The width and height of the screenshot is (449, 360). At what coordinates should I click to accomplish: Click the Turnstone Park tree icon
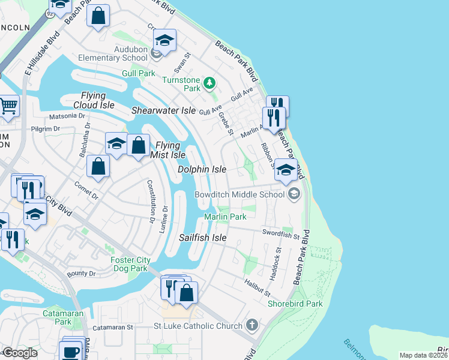[x=209, y=82]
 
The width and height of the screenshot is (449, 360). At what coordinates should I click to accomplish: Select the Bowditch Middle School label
[x=239, y=194]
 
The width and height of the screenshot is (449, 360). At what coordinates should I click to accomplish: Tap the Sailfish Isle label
[x=203, y=238]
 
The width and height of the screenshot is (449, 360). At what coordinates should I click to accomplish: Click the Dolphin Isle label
[x=202, y=170]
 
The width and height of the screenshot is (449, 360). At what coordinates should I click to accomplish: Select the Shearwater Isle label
[x=164, y=110]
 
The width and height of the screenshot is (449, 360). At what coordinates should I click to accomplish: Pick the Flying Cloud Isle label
[x=94, y=100]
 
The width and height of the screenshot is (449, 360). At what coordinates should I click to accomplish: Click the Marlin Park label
[x=225, y=217]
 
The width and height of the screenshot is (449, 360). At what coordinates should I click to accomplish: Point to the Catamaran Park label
[x=58, y=317]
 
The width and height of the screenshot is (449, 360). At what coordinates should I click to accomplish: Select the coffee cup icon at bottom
[x=71, y=350]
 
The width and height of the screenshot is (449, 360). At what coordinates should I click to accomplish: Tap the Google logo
[x=19, y=353]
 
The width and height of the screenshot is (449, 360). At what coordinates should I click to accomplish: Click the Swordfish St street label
[x=280, y=232]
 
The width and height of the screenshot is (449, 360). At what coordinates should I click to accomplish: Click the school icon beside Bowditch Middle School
[x=294, y=193]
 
